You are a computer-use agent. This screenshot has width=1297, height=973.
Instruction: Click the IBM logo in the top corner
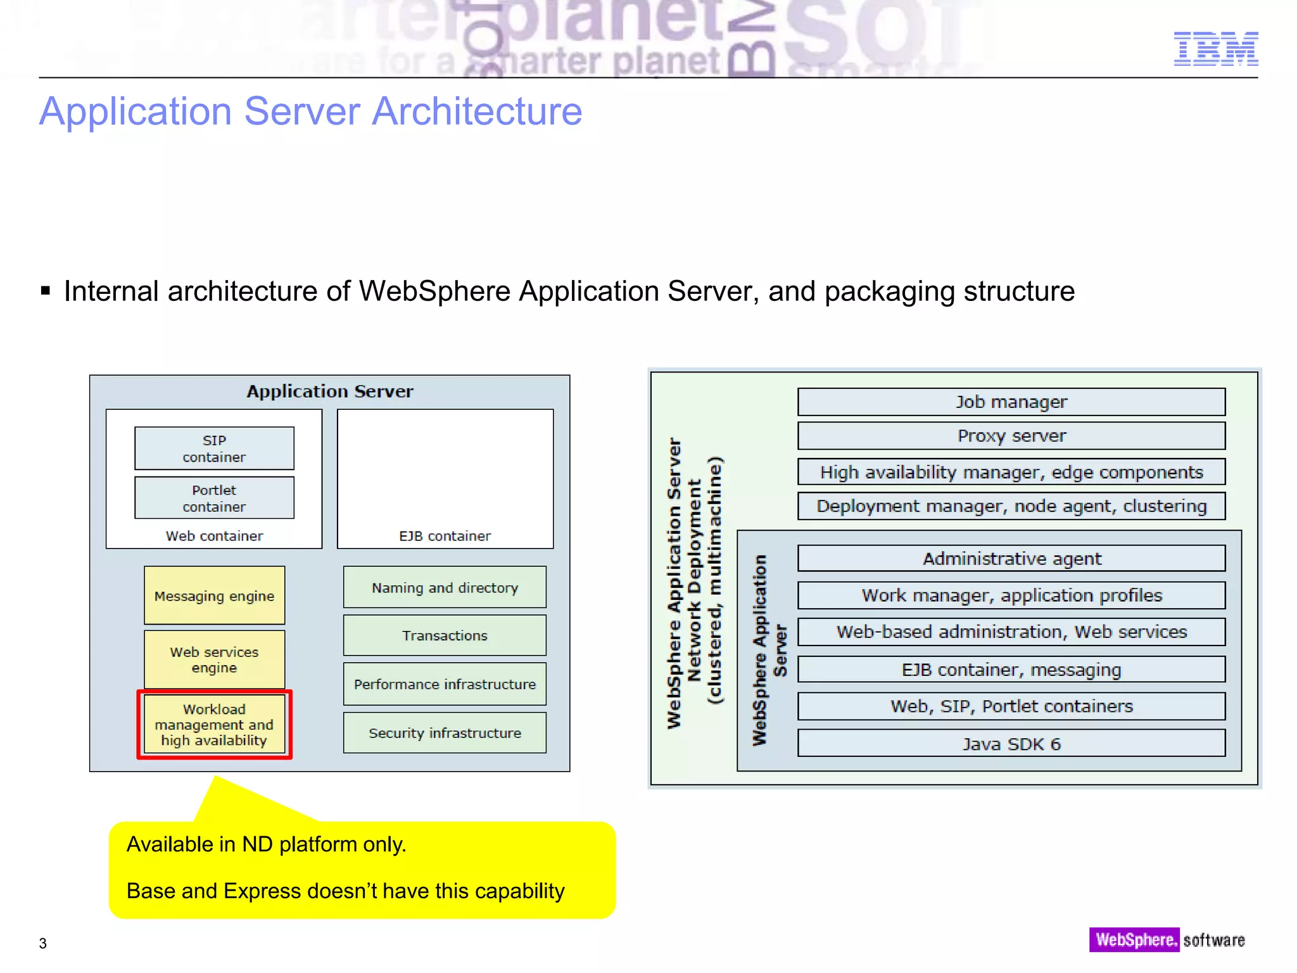(1215, 49)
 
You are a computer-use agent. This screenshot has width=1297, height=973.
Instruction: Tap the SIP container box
(214, 448)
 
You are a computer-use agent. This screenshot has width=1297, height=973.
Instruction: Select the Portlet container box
(214, 498)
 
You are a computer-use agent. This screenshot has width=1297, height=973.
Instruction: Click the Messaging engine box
(214, 595)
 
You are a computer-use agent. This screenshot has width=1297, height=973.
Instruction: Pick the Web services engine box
(214, 659)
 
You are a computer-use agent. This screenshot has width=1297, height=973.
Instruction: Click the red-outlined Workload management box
(214, 725)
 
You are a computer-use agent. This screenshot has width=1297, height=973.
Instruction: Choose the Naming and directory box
(445, 587)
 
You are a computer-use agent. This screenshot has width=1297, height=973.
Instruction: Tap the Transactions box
(445, 635)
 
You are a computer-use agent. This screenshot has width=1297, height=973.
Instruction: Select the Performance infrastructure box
(445, 684)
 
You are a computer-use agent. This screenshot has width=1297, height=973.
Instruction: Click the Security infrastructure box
(445, 733)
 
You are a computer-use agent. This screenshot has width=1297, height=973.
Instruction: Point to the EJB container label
(445, 536)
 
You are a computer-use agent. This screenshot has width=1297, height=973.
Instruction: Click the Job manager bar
(1011, 402)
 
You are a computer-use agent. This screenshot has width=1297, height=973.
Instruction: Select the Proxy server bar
(1011, 436)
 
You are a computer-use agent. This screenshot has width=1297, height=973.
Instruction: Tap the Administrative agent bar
(1011, 559)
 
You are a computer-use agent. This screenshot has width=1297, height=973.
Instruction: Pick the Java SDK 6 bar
(1011, 744)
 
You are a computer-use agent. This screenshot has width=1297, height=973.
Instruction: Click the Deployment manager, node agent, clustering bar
(1011, 506)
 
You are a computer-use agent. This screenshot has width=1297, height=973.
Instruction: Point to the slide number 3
(43, 943)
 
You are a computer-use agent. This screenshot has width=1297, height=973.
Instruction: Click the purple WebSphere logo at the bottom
(1134, 939)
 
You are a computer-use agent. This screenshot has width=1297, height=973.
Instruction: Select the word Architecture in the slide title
(476, 111)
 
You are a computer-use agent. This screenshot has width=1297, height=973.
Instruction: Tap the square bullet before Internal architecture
(46, 291)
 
